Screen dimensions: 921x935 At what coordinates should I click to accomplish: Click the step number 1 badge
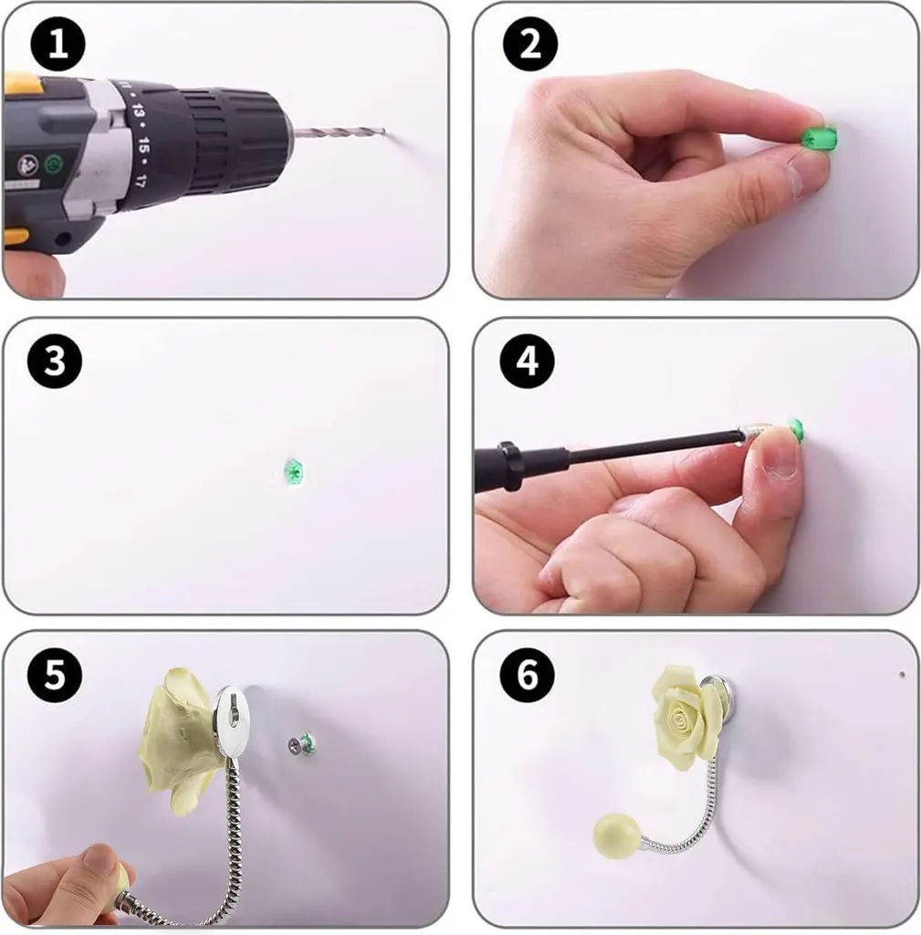point(58,45)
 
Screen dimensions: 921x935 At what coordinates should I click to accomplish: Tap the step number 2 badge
point(530,44)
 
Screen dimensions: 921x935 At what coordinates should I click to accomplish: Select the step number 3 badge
point(55,361)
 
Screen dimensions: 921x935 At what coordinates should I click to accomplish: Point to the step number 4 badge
point(528,361)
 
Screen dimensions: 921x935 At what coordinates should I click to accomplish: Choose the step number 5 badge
point(55,675)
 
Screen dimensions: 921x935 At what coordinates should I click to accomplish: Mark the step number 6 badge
point(528,675)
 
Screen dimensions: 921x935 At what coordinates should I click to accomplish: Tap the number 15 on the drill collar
point(143,145)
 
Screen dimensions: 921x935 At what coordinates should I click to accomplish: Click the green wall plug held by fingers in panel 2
point(818,139)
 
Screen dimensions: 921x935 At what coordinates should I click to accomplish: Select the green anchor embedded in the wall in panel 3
point(293,471)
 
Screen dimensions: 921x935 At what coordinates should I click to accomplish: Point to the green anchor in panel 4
point(795,427)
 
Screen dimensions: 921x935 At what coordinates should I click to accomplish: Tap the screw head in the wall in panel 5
point(295,744)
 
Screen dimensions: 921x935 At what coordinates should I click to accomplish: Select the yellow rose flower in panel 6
point(680,718)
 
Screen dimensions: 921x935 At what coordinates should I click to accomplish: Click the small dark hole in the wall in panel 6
point(901,675)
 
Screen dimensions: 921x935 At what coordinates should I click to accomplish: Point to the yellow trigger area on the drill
point(19,83)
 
